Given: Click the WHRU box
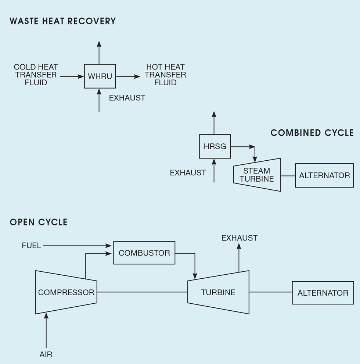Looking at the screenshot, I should (100, 76).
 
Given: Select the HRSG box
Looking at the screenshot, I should (215, 146).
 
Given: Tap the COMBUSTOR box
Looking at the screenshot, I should (144, 253).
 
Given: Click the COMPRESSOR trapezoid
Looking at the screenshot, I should (66, 292).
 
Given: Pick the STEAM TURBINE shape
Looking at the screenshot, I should (257, 175).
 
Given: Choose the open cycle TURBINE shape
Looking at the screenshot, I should (218, 292).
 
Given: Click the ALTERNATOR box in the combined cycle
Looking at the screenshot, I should (324, 175).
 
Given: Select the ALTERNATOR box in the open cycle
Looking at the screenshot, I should (323, 293).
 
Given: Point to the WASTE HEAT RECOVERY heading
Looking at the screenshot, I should (63, 21).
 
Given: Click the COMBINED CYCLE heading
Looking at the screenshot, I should (312, 133).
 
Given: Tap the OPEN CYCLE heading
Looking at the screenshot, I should (39, 222).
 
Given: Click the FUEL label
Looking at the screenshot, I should (32, 246).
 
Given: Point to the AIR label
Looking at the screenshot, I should (46, 354).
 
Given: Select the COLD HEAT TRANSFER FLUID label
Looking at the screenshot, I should (36, 75).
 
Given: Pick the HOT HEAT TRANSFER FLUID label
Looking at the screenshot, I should (165, 75).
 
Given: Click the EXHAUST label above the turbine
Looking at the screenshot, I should (240, 238).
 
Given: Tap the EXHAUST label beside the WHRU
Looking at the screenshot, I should (127, 98).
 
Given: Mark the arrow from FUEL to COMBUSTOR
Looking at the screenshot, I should (77, 246).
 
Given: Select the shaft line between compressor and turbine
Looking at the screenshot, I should (142, 292).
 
